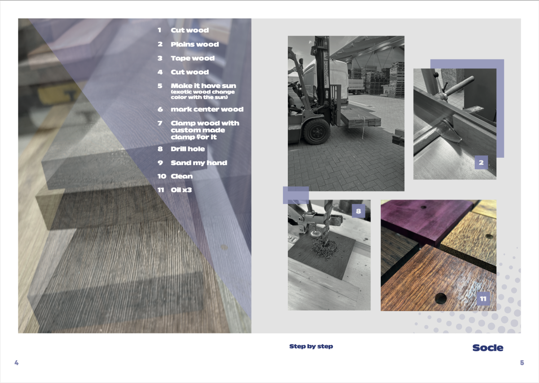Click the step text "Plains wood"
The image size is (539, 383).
[194, 45]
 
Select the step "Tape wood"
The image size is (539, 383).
[193, 58]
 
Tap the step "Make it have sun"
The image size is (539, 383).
[203, 86]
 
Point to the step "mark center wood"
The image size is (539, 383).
[207, 109]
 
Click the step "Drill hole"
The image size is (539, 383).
[188, 149]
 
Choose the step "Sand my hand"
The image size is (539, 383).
[199, 163]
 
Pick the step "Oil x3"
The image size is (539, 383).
[181, 190]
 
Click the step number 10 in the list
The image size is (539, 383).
[162, 176]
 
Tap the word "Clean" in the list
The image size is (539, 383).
[181, 176]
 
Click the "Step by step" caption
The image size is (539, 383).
[311, 347]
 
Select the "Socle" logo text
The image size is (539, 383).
[488, 347]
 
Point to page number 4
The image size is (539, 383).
[16, 362]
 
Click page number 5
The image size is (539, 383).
[522, 362]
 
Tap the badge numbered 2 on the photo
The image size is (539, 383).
[481, 162]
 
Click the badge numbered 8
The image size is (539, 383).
[358, 211]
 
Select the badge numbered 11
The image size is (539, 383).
[483, 298]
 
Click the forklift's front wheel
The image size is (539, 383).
[317, 132]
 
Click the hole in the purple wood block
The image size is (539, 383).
[423, 207]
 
